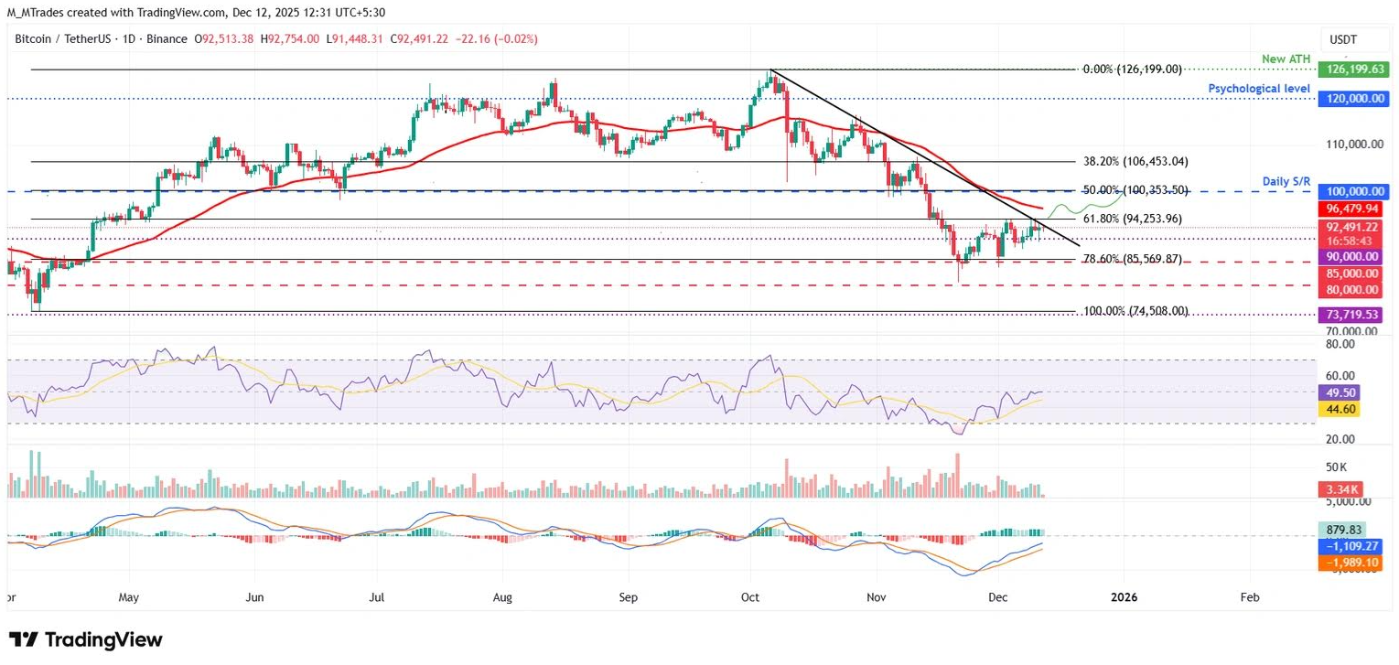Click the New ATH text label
pyautogui.click(x=1286, y=59)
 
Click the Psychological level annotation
pyautogui.click(x=1260, y=89)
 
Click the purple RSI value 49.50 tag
pyautogui.click(x=1338, y=392)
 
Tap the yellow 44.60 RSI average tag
pyautogui.click(x=1338, y=409)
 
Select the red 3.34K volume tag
pyautogui.click(x=1337, y=489)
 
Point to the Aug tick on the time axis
pyautogui.click(x=502, y=596)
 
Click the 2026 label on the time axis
pyautogui.click(x=1124, y=596)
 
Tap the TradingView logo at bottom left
pyautogui.click(x=85, y=639)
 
